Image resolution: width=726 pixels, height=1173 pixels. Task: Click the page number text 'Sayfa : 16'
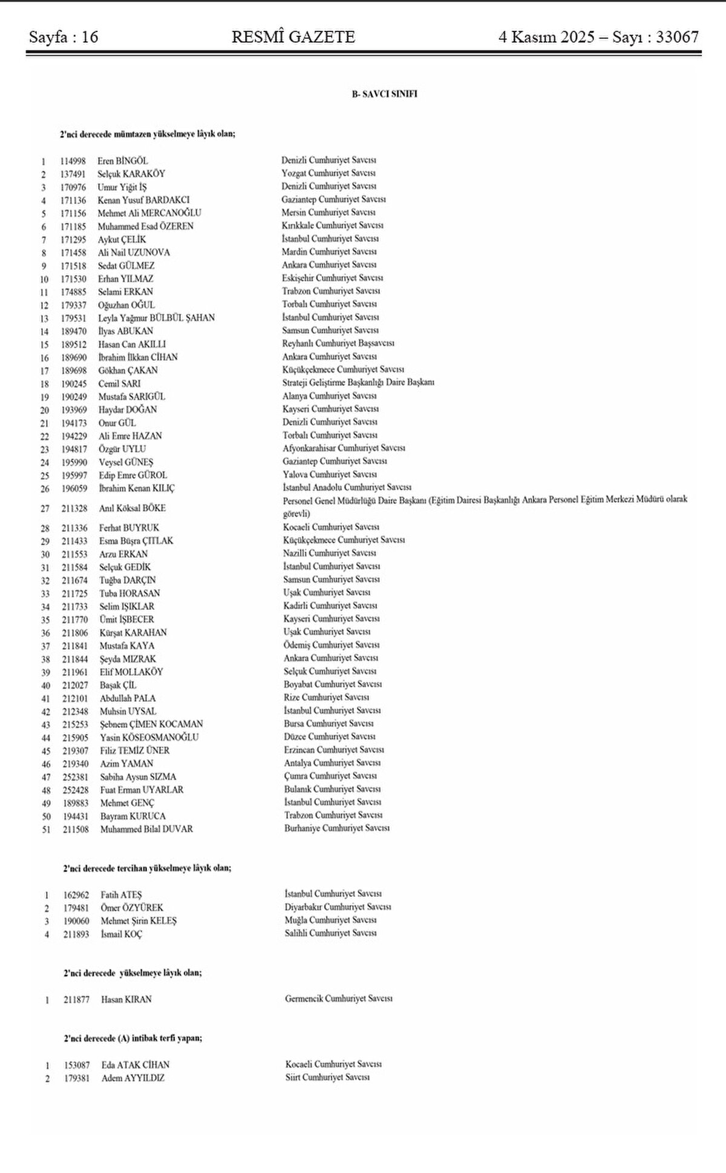(x=64, y=38)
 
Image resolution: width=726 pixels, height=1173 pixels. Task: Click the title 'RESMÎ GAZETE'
(x=293, y=38)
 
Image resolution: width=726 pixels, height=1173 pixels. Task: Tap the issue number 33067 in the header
(x=677, y=38)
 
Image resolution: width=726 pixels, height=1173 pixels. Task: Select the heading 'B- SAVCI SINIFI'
(x=385, y=94)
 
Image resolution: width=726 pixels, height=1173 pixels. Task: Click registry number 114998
(x=73, y=161)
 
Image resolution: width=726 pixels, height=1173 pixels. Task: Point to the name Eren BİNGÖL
(x=122, y=161)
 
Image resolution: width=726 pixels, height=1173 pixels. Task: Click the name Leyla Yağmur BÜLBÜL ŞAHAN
(x=156, y=318)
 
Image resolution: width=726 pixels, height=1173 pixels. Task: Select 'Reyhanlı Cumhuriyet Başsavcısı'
(x=338, y=343)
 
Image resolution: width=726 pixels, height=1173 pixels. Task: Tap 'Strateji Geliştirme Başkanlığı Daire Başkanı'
(x=358, y=383)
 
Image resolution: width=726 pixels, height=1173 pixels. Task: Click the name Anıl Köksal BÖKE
(x=132, y=509)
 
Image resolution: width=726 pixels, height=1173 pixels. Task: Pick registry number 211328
(x=75, y=509)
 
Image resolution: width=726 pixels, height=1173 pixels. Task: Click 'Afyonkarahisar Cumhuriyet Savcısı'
(x=344, y=449)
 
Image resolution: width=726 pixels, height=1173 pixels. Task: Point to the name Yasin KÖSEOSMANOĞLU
(x=149, y=738)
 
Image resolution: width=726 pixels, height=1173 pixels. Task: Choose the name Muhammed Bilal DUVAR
(x=146, y=830)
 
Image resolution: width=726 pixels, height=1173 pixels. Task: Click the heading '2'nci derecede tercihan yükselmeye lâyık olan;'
(x=147, y=868)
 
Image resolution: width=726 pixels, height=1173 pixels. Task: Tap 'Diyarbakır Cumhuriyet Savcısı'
(x=338, y=908)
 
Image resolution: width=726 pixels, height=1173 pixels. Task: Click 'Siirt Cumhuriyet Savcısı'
(x=327, y=1078)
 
